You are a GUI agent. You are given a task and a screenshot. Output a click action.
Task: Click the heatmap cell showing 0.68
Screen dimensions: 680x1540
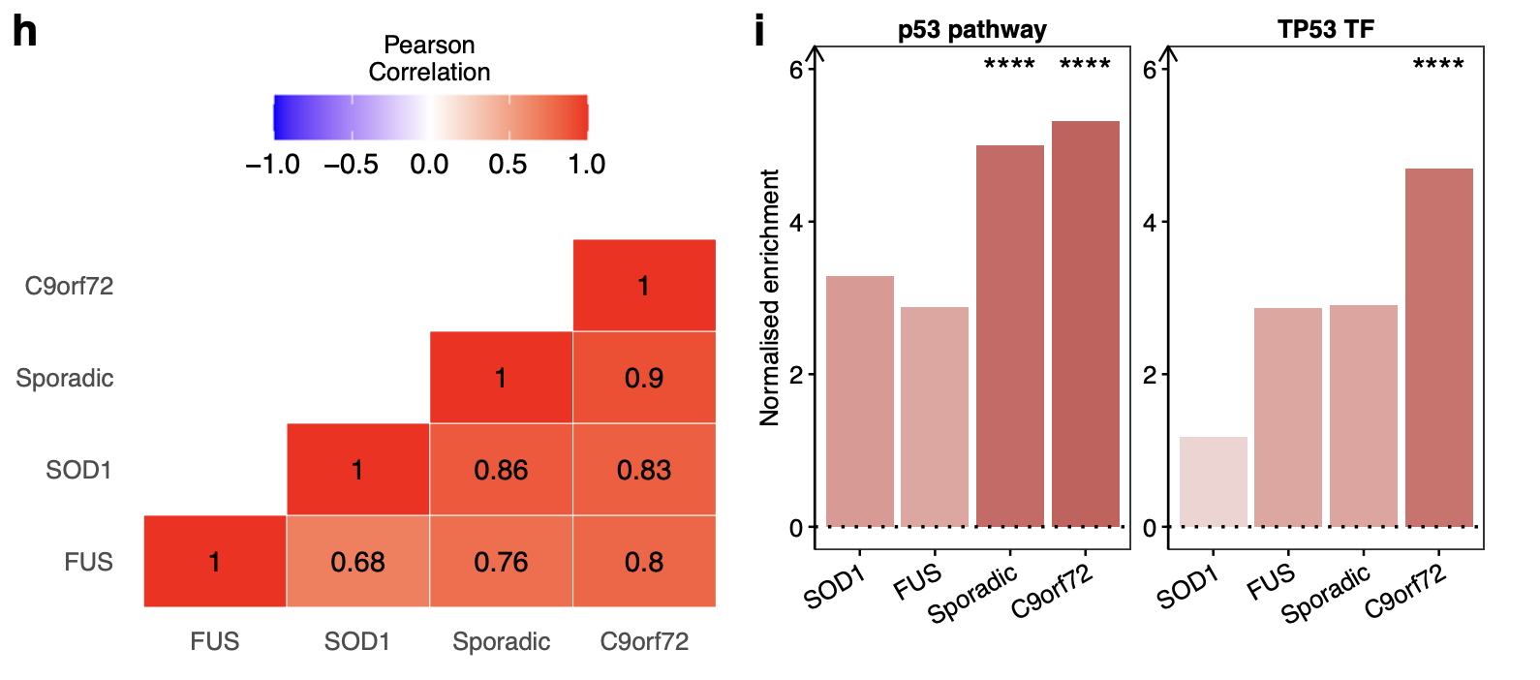pyautogui.click(x=357, y=562)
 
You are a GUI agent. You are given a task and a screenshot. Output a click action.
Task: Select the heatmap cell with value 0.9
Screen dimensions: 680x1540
pyautogui.click(x=644, y=378)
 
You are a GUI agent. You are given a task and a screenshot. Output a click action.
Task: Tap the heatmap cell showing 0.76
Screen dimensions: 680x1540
pyautogui.click(x=501, y=562)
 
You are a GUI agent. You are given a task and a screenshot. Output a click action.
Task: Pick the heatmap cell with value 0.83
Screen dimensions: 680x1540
pyautogui.click(x=644, y=470)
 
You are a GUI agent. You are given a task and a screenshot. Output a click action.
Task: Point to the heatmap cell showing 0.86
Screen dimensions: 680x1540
pyautogui.click(x=501, y=470)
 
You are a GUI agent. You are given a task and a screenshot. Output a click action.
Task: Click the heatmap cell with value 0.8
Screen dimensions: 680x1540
pyautogui.click(x=644, y=562)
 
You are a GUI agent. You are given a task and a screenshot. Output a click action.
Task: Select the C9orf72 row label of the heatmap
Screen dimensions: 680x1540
pyautogui.click(x=69, y=286)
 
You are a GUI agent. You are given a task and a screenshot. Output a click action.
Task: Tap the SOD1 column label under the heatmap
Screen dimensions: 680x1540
pyautogui.click(x=357, y=641)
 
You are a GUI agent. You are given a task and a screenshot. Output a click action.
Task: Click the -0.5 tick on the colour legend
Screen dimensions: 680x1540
pyautogui.click(x=352, y=165)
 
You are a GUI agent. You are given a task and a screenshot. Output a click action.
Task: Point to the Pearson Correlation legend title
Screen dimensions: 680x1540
pyautogui.click(x=429, y=58)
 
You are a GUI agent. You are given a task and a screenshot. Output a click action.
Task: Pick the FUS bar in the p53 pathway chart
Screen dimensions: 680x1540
pyautogui.click(x=935, y=417)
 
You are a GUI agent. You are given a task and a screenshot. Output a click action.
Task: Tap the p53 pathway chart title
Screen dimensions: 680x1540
pyautogui.click(x=971, y=29)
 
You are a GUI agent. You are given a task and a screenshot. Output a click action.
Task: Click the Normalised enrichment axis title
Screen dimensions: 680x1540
pyautogui.click(x=770, y=297)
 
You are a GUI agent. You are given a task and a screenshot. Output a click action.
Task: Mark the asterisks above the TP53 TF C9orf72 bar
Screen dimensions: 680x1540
pyautogui.click(x=1438, y=65)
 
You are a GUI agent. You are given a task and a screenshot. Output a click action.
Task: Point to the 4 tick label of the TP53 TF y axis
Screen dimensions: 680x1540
pyautogui.click(x=1150, y=222)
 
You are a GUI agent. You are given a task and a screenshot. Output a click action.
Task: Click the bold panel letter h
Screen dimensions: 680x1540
pyautogui.click(x=25, y=31)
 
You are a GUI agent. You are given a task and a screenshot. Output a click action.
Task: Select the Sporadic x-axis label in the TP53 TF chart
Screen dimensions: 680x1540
pyautogui.click(x=1325, y=594)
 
